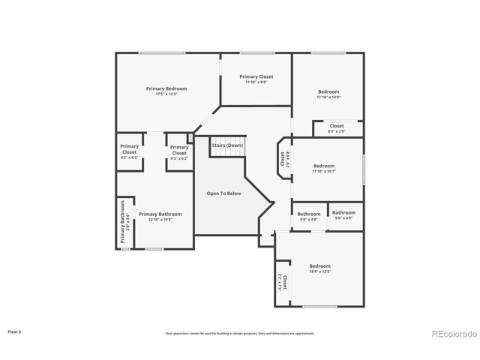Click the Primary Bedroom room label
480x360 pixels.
pyautogui.click(x=166, y=88)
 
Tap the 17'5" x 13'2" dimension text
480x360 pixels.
pyautogui.click(x=166, y=94)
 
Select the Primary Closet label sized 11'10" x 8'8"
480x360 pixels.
pyautogui.click(x=256, y=76)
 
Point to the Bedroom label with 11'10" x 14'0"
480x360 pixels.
pyautogui.click(x=328, y=91)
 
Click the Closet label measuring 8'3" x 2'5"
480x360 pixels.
pyautogui.click(x=336, y=126)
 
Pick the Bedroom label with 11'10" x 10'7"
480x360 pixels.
pyautogui.click(x=323, y=166)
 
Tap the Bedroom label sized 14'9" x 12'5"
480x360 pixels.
pyautogui.click(x=320, y=266)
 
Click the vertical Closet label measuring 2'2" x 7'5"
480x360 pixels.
pyautogui.click(x=282, y=283)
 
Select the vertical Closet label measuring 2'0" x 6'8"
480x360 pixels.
pyautogui.click(x=283, y=159)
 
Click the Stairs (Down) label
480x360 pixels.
pyautogui.click(x=227, y=145)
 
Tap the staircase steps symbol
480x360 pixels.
pyautogui.click(x=227, y=153)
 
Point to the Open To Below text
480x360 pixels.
pyautogui.click(x=223, y=193)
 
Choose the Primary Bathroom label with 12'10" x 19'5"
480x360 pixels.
pyautogui.click(x=160, y=214)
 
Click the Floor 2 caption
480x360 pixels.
pyautogui.click(x=15, y=331)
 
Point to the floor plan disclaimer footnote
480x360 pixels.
pyautogui.click(x=240, y=333)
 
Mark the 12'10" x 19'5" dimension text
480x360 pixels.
pyautogui.click(x=160, y=220)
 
